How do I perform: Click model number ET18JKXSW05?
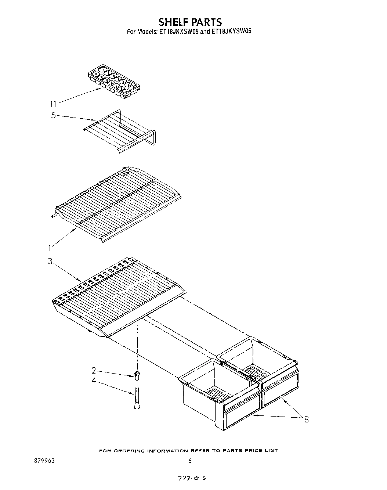179,31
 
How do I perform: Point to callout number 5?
54,116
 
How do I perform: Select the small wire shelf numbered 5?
120,132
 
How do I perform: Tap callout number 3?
50,262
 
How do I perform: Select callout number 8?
306,419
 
